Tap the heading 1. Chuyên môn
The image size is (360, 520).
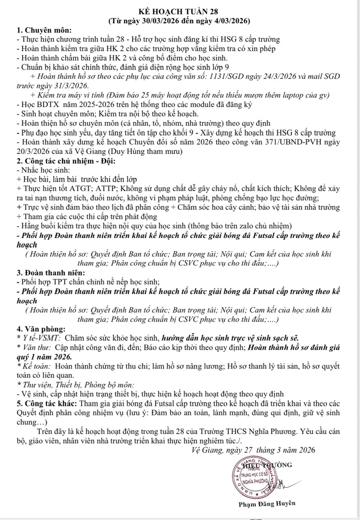pyautogui.click(x=44, y=30)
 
